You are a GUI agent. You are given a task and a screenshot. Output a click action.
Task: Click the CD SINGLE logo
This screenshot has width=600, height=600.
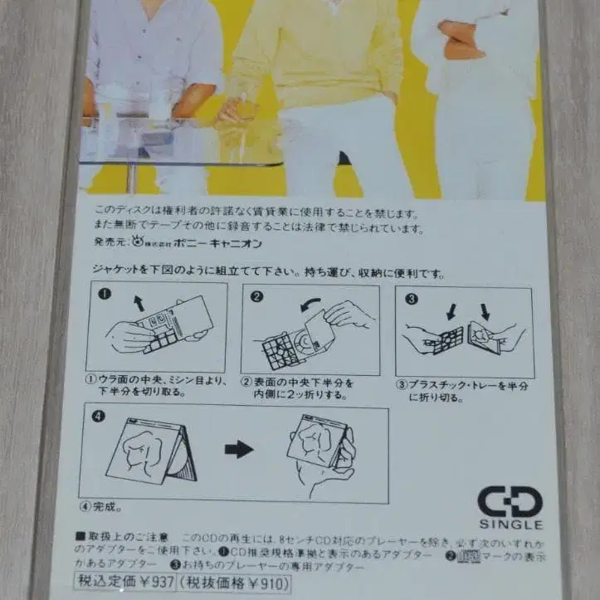click(510, 507)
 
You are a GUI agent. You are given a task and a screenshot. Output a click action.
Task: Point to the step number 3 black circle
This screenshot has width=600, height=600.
click(410, 297)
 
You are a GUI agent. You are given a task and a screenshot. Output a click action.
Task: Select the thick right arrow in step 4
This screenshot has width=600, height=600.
click(239, 450)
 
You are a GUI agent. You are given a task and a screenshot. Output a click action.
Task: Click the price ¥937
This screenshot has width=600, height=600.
click(153, 582)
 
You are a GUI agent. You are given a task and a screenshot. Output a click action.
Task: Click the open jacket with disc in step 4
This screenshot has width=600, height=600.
click(157, 452)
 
